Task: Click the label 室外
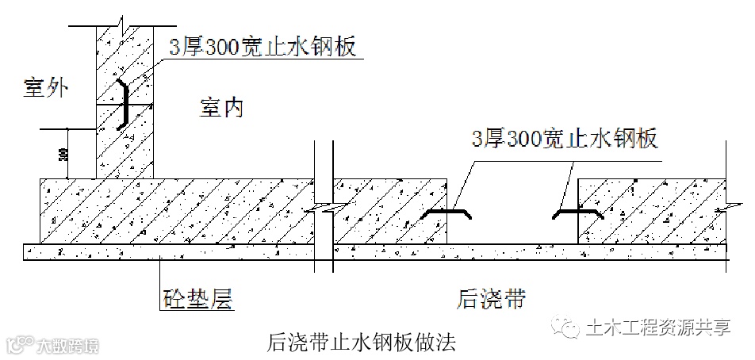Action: (x=45, y=89)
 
